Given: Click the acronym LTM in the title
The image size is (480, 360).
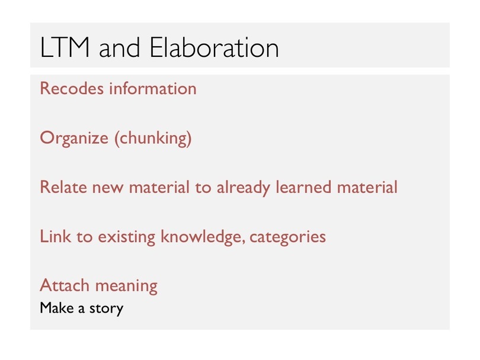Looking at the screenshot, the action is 65,47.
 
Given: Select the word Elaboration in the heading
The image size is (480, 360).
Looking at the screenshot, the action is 215,47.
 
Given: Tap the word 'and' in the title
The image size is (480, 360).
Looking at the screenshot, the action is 120,48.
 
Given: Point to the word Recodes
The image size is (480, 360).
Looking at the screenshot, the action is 72,89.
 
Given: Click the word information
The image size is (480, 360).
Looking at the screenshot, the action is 153,89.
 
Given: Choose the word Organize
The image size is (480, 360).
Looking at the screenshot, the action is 74,138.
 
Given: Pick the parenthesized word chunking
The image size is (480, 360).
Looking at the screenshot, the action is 153,138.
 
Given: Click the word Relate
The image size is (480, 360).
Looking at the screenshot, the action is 63,187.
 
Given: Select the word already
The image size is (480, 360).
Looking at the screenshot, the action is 244,188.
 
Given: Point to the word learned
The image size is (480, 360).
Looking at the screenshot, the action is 303,187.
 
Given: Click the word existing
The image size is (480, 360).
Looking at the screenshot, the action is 126,237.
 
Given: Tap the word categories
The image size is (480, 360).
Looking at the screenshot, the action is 288,237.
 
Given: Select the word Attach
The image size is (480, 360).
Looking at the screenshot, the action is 65,285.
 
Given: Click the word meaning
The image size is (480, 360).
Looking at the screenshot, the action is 126,287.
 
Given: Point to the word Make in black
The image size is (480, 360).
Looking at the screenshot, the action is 56,308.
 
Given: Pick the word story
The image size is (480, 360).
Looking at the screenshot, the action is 106,308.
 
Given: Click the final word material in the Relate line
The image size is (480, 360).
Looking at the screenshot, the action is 367,187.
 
